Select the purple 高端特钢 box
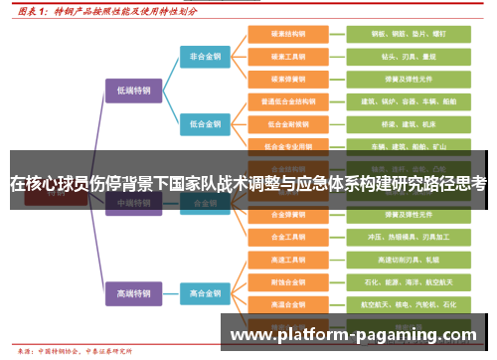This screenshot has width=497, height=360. pyautogui.click(x=132, y=293)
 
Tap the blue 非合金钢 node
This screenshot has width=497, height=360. pyautogui.click(x=206, y=57)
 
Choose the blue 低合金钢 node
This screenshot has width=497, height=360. pyautogui.click(x=206, y=124)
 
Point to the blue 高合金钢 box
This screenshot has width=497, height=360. pyautogui.click(x=206, y=293)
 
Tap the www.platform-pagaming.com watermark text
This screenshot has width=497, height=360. pyautogui.click(x=353, y=335)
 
